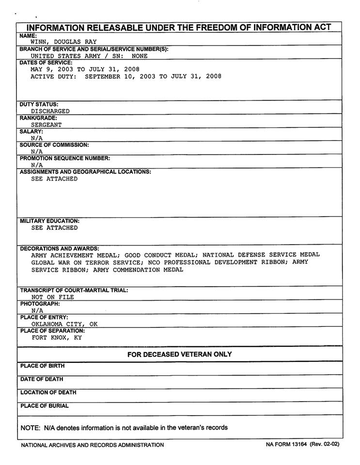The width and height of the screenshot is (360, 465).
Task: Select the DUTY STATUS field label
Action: click(x=39, y=104)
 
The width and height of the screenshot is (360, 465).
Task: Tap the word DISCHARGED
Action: click(x=50, y=111)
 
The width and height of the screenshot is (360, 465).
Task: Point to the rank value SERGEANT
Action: click(x=47, y=124)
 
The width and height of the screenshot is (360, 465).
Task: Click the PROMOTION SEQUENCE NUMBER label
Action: click(x=65, y=158)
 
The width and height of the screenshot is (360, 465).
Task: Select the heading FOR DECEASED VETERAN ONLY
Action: click(x=179, y=355)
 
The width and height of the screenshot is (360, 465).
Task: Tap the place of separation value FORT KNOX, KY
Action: click(x=57, y=338)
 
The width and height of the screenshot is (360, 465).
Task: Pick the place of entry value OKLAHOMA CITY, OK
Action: click(x=64, y=324)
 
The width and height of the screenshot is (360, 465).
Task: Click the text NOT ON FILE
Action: click(x=53, y=297)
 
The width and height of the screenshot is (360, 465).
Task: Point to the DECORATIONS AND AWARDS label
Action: click(x=60, y=248)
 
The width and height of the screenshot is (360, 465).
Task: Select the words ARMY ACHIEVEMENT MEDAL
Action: click(x=75, y=254)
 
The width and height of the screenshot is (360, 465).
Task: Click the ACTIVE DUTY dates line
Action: click(x=126, y=77)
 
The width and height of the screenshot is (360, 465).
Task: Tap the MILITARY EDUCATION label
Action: click(x=50, y=221)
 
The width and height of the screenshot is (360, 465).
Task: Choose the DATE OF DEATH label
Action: click(x=42, y=379)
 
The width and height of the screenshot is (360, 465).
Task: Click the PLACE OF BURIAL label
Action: click(x=45, y=406)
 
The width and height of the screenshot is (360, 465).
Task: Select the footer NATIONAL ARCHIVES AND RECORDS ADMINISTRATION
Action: click(x=92, y=445)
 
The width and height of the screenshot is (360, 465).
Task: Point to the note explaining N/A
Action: click(x=124, y=428)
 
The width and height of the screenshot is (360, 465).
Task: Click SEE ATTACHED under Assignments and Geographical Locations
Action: click(x=54, y=179)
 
